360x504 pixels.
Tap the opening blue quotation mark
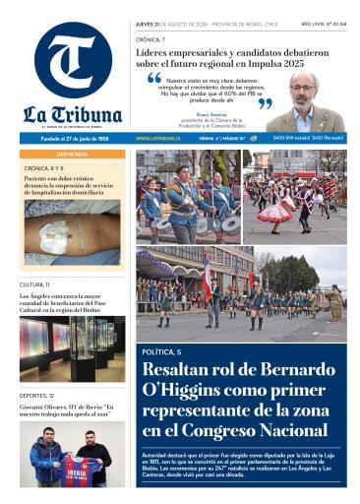point(153,78)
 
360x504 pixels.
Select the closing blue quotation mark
point(265,102)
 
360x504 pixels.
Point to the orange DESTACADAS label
point(72,155)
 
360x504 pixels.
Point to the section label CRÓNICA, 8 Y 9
point(45,168)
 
